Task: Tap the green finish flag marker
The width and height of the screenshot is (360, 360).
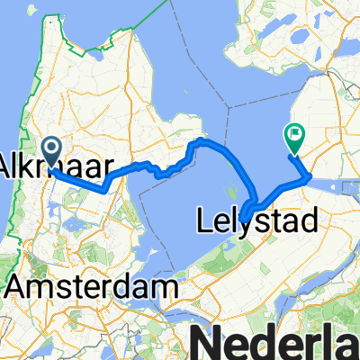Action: pos(293,137)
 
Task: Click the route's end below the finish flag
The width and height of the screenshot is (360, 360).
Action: pos(290,157)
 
